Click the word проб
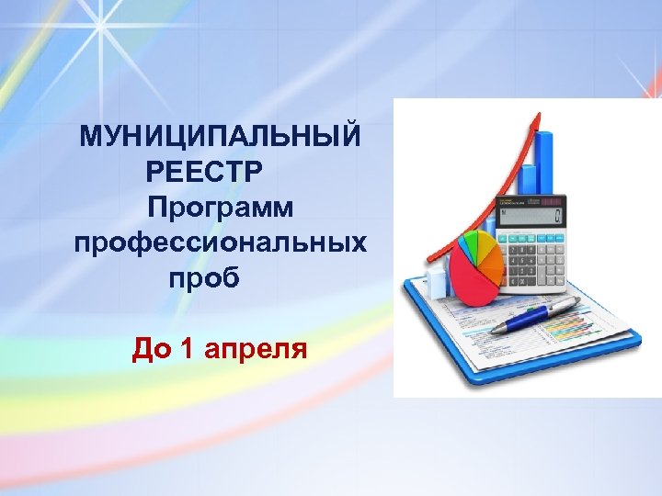point(203,277)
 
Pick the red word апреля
point(257,349)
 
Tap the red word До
point(152,349)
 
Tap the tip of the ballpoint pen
point(493,331)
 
